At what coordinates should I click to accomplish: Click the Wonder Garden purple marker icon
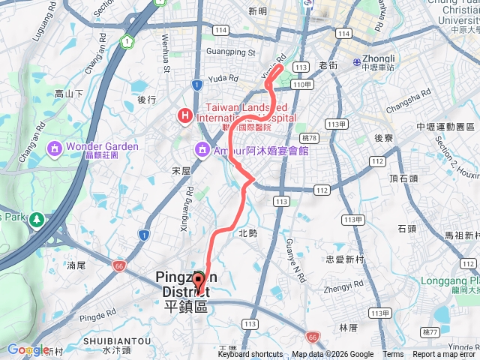[x=54, y=146]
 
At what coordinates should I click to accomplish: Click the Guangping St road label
[x=229, y=52]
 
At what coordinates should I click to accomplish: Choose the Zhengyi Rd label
[x=341, y=288]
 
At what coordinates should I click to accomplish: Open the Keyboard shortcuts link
[x=250, y=355]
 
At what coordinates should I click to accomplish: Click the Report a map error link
[x=445, y=355]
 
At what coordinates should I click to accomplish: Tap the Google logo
[x=27, y=349]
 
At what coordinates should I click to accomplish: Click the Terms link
[x=393, y=355]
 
